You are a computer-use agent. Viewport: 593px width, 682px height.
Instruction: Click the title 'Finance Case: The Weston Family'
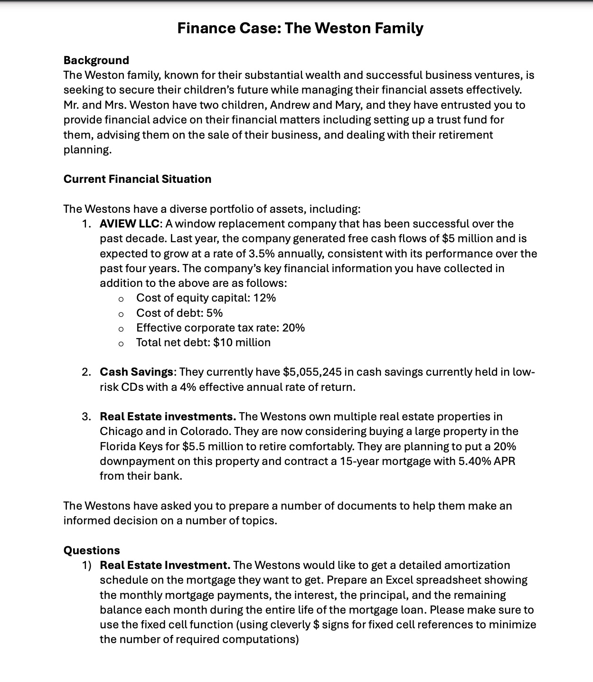pos(300,28)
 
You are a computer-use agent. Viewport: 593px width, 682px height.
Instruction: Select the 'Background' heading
pos(96,60)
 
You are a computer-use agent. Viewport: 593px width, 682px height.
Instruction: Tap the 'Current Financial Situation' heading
pos(137,179)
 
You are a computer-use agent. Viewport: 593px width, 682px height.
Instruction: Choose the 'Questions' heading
pos(92,550)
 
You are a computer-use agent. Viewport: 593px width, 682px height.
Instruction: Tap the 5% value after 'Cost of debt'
pos(215,313)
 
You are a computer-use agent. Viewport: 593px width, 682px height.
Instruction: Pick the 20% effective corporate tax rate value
pos(293,328)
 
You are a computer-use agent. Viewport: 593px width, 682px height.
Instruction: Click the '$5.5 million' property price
pos(211,446)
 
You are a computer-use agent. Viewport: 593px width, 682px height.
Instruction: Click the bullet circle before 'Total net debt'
pos(121,343)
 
